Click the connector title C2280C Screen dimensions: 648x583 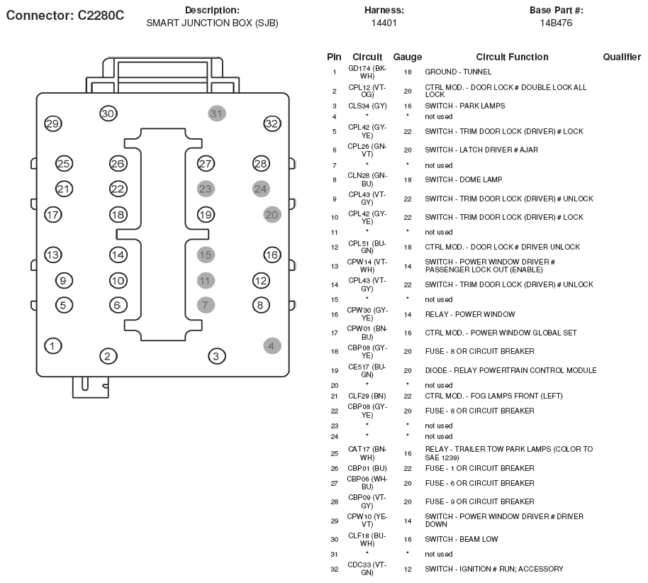[x=101, y=16]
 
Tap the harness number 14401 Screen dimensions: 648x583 [x=384, y=23]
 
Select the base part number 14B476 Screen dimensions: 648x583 [x=556, y=23]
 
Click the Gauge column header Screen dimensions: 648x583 [x=408, y=57]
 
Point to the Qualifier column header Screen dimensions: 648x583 [x=622, y=57]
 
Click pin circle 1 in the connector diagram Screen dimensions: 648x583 [x=53, y=345]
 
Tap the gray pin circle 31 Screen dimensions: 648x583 [x=216, y=113]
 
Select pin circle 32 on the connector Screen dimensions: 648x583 [x=272, y=123]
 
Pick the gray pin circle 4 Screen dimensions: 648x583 [x=272, y=345]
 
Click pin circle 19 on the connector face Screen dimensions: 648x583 [x=206, y=215]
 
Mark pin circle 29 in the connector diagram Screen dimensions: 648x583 [x=53, y=123]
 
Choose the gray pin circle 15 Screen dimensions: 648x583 [x=206, y=255]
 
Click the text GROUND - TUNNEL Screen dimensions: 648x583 [x=458, y=72]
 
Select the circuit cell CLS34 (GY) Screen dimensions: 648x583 [x=367, y=106]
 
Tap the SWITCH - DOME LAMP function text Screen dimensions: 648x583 [x=463, y=180]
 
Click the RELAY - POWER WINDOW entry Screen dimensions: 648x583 [x=470, y=314]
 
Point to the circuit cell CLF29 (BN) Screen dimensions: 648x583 [x=367, y=396]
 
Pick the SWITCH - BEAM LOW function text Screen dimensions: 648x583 [x=462, y=539]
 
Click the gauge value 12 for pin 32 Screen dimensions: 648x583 [x=408, y=570]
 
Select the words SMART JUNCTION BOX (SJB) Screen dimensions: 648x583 [x=212, y=23]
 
